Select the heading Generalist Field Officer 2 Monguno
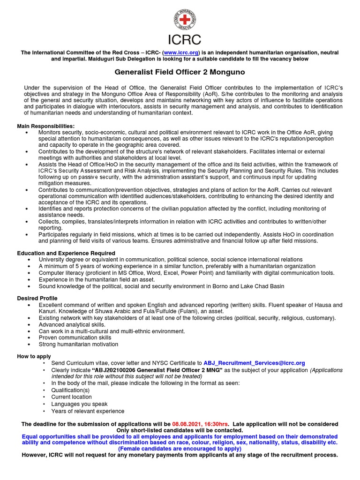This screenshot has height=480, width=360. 180,73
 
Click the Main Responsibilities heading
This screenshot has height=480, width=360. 45,126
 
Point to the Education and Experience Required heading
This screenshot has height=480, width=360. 66,253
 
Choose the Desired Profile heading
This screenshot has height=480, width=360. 37,298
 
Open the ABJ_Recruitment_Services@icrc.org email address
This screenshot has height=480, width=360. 254,363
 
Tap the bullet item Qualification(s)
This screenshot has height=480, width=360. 70,390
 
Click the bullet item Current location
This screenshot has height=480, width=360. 72,397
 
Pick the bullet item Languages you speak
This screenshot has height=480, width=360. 79,404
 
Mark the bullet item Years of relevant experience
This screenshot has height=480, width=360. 88,411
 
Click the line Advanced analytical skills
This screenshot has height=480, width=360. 72,324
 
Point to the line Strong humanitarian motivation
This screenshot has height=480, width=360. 78,344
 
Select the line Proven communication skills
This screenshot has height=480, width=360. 75,337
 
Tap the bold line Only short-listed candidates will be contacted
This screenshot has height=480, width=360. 180,430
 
